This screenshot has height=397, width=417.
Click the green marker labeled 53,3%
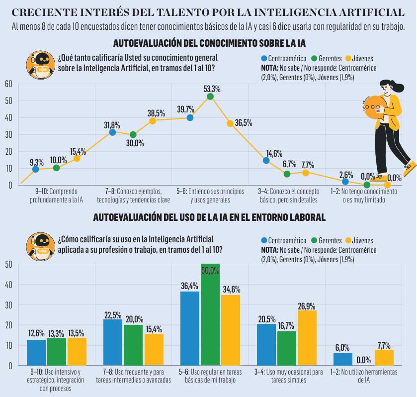tap(210, 97)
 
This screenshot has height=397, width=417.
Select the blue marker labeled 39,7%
tap(190, 118)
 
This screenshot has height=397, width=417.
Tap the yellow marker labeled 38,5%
tap(153, 121)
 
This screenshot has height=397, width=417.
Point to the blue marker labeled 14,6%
tap(266, 160)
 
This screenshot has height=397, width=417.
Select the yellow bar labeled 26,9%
tap(307, 338)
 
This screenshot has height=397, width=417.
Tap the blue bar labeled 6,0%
tap(342, 359)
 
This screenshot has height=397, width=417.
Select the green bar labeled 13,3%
tap(57, 352)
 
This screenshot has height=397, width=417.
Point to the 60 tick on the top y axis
tap(8, 84)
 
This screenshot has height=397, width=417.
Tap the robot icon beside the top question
tap(41, 65)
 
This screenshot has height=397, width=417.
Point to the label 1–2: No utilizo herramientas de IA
tap(364, 376)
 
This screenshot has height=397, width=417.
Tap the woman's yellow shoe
tap(410, 169)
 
